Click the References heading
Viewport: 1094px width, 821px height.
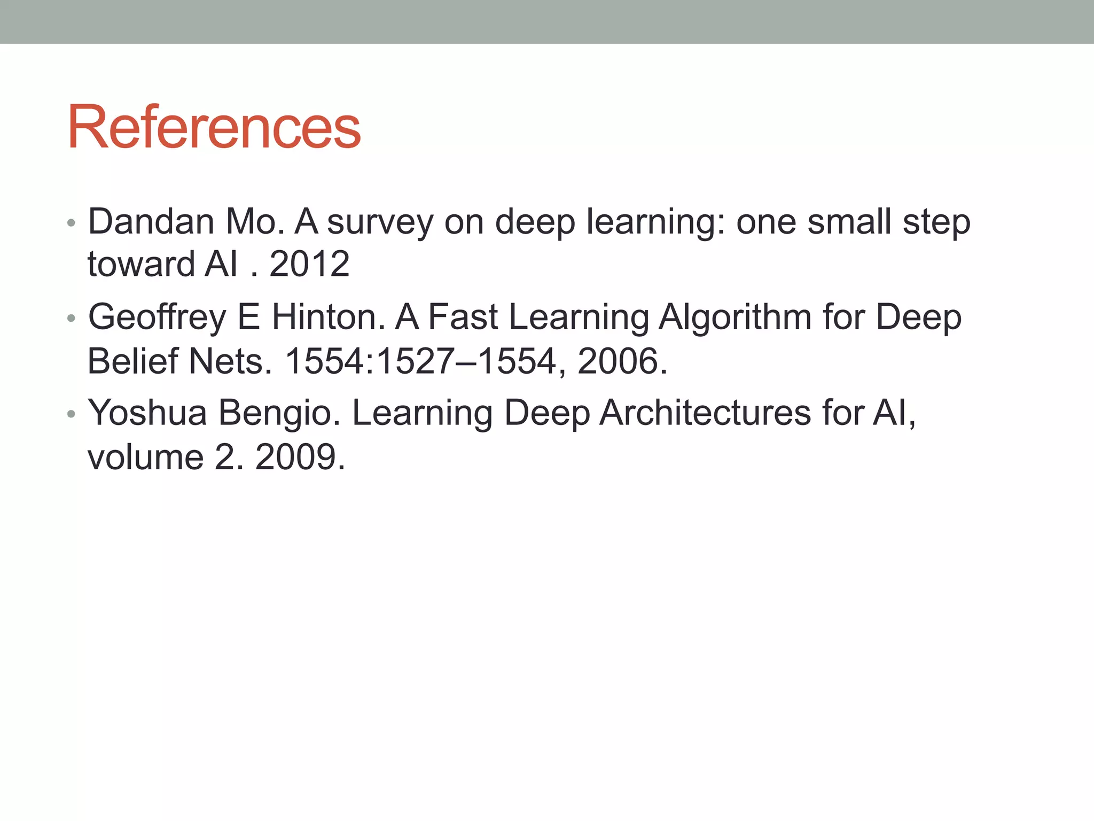(x=214, y=128)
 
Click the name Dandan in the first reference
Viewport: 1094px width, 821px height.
(x=151, y=221)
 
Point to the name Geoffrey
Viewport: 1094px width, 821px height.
(x=157, y=317)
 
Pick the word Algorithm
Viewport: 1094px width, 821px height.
(x=735, y=317)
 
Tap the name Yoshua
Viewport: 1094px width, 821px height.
(x=147, y=413)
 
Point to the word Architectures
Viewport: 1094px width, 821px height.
(x=705, y=413)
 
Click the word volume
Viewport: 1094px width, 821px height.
(x=145, y=457)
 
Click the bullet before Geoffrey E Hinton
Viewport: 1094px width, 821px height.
(x=71, y=319)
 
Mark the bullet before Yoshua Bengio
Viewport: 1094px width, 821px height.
(x=71, y=414)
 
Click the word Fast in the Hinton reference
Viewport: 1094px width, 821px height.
(x=463, y=317)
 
